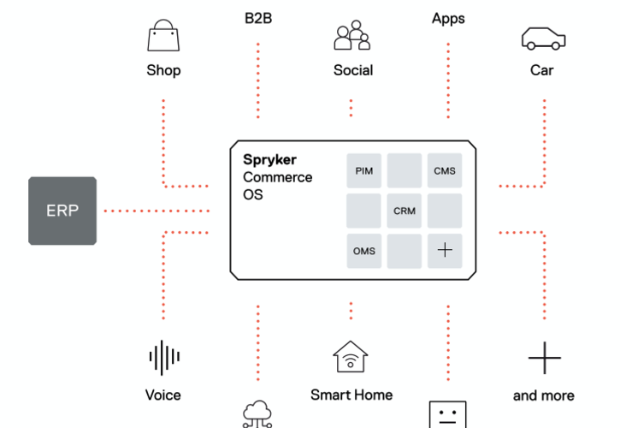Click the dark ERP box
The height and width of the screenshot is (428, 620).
tap(62, 210)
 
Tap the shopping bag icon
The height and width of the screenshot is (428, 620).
tap(162, 38)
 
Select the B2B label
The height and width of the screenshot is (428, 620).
tap(257, 18)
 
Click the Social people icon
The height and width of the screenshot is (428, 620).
tap(352, 36)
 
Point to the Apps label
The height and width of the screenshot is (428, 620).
tap(448, 18)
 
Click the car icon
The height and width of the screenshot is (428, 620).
tap(543, 39)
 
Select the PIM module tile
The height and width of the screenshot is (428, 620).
tap(363, 170)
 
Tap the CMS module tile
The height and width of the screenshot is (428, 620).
tap(445, 170)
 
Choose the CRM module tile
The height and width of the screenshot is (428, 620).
tap(404, 211)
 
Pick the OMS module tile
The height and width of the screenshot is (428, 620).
tap(363, 251)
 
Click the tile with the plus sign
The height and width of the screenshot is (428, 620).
tap(445, 251)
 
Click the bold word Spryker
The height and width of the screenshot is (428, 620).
tap(269, 160)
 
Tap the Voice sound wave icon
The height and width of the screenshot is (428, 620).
tap(162, 358)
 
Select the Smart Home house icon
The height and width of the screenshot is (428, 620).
tap(351, 358)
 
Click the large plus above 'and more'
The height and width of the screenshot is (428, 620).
tap(543, 358)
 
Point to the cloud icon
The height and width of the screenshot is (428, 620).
tap(257, 414)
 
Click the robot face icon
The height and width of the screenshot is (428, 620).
tap(447, 414)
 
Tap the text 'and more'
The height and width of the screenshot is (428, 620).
tap(543, 395)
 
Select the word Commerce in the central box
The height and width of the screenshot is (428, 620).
tap(277, 177)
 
